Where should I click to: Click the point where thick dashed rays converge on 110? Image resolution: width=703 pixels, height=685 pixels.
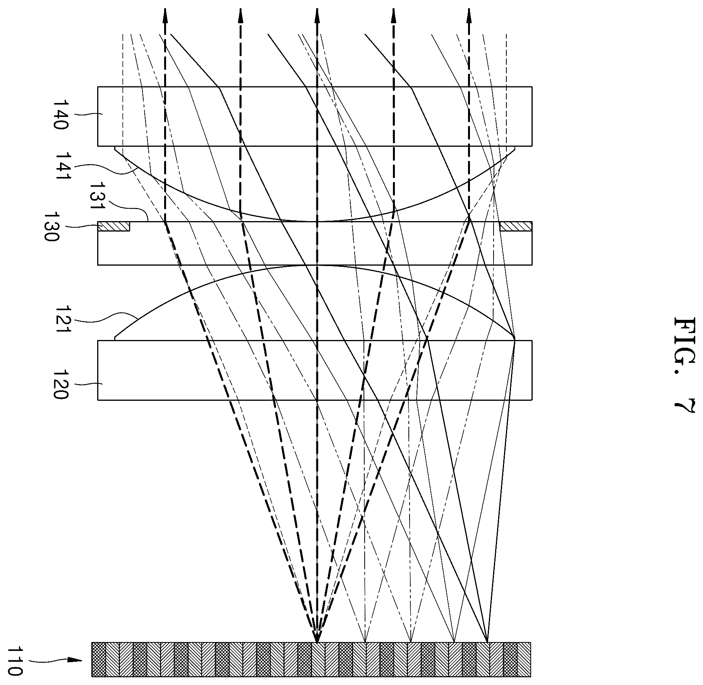coord(317,642)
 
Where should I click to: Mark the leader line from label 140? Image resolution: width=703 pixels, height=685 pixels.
coord(88,113)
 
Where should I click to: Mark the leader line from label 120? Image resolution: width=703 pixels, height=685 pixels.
coord(88,384)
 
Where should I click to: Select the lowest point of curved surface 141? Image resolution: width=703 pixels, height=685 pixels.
coord(317,221)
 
